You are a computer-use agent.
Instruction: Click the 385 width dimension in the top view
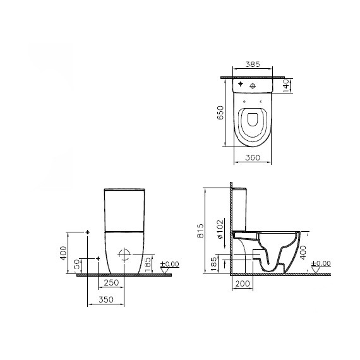(253, 64)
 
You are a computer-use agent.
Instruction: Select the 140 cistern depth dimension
(286, 86)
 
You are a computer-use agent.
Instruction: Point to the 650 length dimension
(220, 112)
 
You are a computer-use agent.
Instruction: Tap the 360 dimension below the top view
(253, 158)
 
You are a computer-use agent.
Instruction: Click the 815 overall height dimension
(200, 231)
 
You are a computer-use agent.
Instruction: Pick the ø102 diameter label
(220, 229)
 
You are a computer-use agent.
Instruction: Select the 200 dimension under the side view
(243, 284)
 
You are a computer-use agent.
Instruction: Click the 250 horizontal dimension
(111, 282)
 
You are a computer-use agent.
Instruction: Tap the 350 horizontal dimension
(106, 299)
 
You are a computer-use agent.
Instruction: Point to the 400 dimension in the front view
(63, 253)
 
